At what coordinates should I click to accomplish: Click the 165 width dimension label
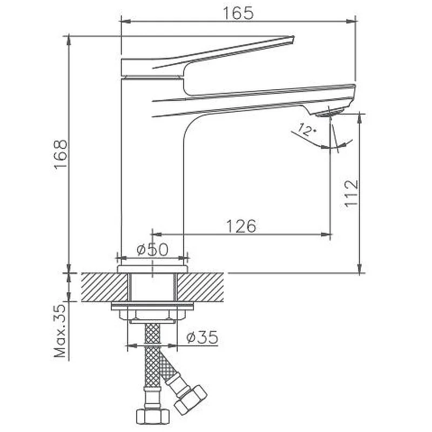pos(238,13)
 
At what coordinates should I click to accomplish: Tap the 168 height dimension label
pos(60,154)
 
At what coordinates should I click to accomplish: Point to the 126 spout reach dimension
pos(241,226)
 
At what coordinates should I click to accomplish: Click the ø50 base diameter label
pos(152,249)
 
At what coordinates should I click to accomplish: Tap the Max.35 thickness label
pos(60,331)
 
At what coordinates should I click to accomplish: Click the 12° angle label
pos(307,130)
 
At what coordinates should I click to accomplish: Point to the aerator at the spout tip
pos(329,112)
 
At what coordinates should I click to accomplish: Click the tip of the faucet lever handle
pos(293,38)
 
